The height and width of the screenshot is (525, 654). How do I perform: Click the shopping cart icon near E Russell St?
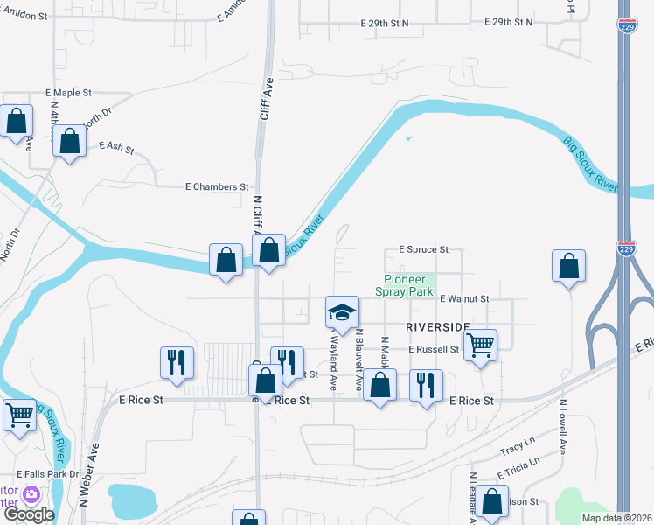480,345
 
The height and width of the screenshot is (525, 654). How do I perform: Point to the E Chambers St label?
217,187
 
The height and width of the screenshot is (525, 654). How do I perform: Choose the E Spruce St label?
423,249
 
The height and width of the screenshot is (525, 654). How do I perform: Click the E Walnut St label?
464,298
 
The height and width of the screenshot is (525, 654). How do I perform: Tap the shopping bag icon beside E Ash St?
70,140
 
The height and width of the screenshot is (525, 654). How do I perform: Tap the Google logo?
29,514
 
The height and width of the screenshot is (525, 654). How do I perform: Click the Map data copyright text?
616,518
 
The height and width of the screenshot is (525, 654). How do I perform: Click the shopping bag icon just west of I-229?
568,266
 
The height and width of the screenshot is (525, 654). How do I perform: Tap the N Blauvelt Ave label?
358,360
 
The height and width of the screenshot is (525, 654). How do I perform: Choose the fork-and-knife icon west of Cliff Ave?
177,362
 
